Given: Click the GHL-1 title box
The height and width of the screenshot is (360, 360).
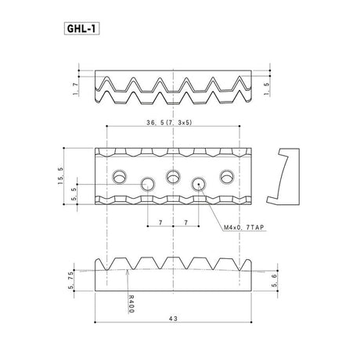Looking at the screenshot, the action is pyautogui.click(x=81, y=29).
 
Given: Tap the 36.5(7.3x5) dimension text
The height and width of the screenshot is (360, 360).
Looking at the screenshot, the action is pyautogui.click(x=169, y=123).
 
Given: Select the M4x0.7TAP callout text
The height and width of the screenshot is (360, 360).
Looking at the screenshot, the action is pyautogui.click(x=244, y=228).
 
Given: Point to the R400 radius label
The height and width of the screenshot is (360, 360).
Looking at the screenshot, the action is pyautogui.click(x=131, y=304).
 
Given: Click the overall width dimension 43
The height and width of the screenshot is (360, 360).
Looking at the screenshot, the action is pyautogui.click(x=173, y=319).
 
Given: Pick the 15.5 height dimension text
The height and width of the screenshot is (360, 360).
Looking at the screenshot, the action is pyautogui.click(x=60, y=176).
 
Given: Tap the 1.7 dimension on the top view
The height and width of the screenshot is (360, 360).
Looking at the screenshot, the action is pyautogui.click(x=75, y=89).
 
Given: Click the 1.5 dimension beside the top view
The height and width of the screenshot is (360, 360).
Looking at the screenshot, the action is pyautogui.click(x=266, y=89).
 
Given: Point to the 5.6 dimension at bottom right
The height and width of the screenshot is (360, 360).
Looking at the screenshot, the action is pyautogui.click(x=274, y=281).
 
